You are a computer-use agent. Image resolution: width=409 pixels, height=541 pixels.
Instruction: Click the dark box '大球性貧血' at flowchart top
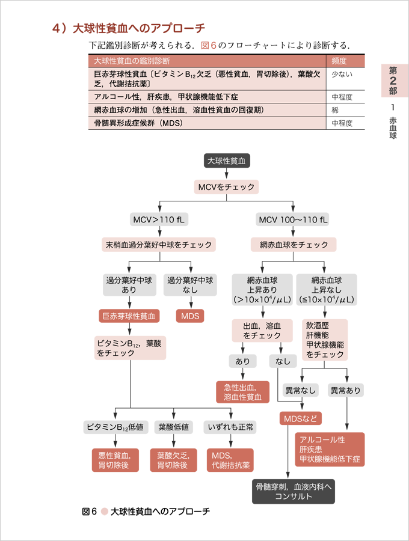coord(226,160)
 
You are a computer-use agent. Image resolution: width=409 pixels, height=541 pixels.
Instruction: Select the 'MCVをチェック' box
coord(226,187)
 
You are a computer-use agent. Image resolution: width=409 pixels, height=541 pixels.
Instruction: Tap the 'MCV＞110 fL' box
coord(159,219)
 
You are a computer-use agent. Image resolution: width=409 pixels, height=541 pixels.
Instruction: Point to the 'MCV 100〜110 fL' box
coord(294,219)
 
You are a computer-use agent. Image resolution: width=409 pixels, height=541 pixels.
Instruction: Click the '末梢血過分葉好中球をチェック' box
coord(159,245)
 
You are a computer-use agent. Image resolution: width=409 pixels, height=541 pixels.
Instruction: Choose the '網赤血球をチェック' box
coord(294,245)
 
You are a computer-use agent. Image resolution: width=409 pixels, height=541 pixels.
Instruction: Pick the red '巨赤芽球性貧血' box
coord(129,316)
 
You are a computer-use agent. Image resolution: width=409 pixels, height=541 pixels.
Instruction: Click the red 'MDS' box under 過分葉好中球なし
coord(189,316)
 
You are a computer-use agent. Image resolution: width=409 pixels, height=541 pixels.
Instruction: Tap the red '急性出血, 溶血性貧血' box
coord(242,392)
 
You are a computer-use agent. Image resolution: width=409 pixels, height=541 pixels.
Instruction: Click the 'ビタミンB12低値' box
coord(115,427)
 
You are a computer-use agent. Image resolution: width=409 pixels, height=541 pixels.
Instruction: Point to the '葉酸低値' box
coord(173,427)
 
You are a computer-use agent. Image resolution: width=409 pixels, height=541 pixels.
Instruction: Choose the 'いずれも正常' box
coord(230,427)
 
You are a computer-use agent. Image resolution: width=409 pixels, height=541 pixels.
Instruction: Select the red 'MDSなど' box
coord(300,418)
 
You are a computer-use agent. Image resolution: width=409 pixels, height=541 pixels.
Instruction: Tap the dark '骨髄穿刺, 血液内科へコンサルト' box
coord(293,491)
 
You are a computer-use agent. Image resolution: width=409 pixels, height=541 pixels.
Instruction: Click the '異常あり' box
coord(346,391)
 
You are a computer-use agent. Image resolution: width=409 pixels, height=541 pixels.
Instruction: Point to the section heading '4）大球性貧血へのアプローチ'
coord(129,28)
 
